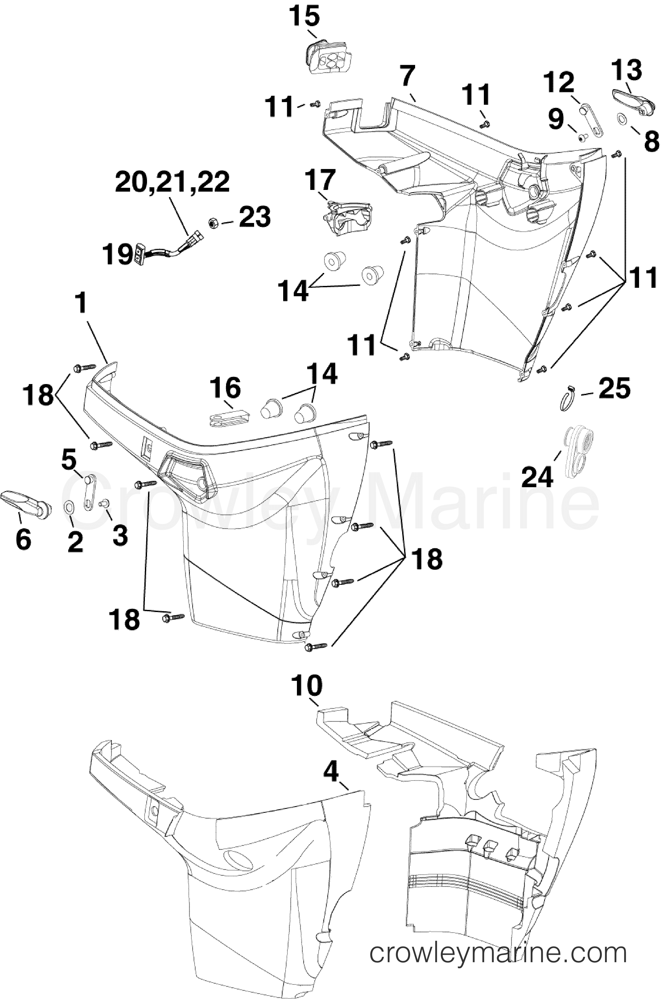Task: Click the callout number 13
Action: [627, 70]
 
